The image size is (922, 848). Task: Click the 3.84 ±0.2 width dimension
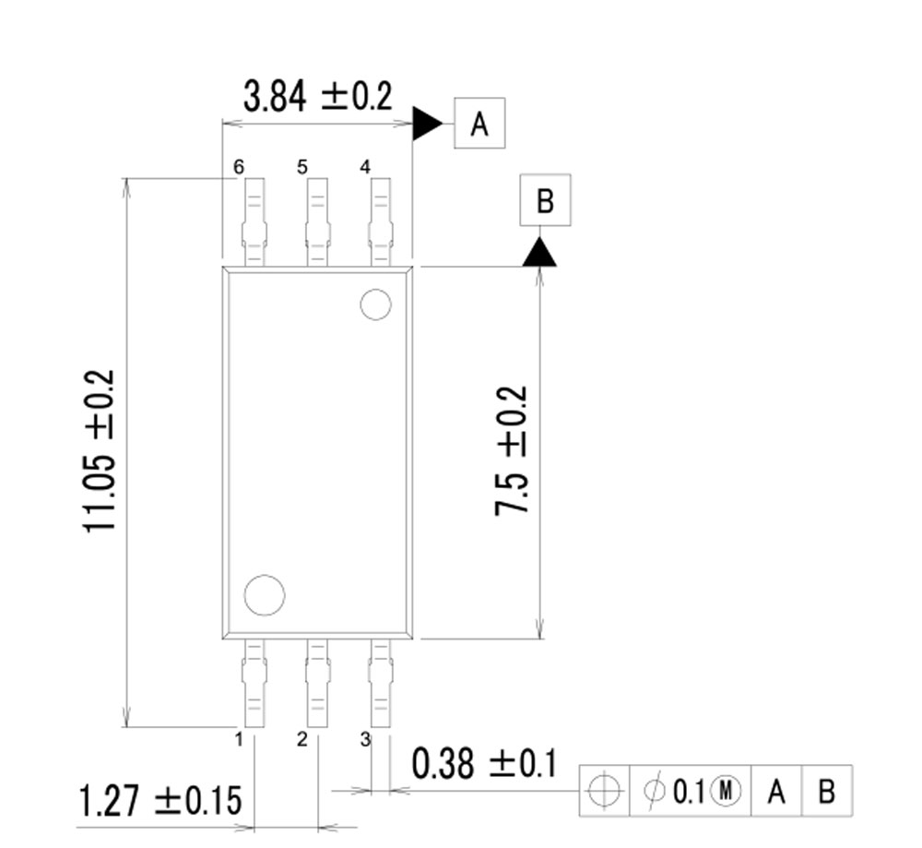pyautogui.click(x=317, y=96)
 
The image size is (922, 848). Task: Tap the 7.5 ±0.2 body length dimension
pyautogui.click(x=512, y=450)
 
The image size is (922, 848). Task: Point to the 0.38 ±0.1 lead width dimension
pyautogui.click(x=484, y=765)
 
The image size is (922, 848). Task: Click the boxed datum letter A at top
pyautogui.click(x=479, y=123)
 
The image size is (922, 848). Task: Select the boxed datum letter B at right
pyautogui.click(x=545, y=200)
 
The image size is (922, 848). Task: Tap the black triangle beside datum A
pyautogui.click(x=425, y=123)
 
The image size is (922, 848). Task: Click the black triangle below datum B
pyautogui.click(x=539, y=253)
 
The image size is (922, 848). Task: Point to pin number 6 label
pyautogui.click(x=239, y=167)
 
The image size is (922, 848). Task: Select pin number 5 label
pyautogui.click(x=302, y=167)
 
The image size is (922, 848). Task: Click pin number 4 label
pyautogui.click(x=365, y=167)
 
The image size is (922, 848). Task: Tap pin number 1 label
pyautogui.click(x=239, y=739)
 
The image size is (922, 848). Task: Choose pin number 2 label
pyautogui.click(x=301, y=739)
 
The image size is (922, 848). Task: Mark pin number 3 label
pyautogui.click(x=365, y=739)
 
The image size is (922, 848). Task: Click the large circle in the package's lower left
pyautogui.click(x=265, y=595)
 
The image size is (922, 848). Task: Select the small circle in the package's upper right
pyautogui.click(x=375, y=305)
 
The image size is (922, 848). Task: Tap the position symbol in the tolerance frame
pyautogui.click(x=604, y=791)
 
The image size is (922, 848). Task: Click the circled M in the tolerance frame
pyautogui.click(x=726, y=791)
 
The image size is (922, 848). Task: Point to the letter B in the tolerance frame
pyautogui.click(x=827, y=791)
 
